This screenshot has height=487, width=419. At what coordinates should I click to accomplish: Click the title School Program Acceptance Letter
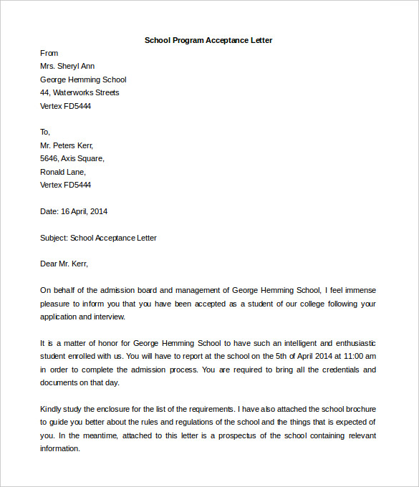208,40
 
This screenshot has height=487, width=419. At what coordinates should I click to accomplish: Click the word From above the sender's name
49,53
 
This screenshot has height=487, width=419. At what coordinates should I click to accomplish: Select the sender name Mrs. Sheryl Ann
67,67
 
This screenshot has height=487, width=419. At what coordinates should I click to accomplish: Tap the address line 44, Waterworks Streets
80,92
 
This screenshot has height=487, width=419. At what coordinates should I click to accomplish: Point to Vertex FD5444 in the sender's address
65,106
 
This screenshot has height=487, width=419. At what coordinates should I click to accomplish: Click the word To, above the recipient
45,132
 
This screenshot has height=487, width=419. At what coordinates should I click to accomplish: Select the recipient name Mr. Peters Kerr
67,145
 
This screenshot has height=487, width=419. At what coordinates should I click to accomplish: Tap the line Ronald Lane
63,172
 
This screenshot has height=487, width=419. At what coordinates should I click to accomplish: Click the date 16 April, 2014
84,211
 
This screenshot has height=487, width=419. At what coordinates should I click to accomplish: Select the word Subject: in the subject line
54,238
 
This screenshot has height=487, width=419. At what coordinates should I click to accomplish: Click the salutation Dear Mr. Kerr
64,264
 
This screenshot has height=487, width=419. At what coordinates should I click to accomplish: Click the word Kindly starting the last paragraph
52,409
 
